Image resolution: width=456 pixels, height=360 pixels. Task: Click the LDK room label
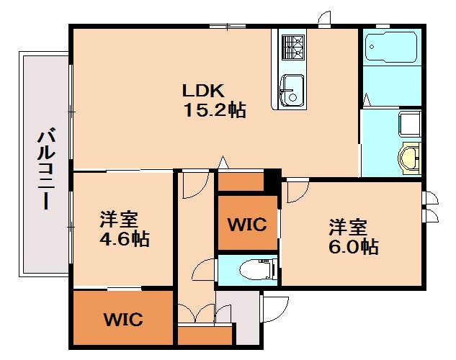203,91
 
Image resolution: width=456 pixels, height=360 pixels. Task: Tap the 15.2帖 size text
215,110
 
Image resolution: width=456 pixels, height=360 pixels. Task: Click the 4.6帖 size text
125,239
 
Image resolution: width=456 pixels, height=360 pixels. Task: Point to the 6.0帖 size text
354,247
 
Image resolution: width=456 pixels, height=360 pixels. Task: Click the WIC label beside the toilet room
247,225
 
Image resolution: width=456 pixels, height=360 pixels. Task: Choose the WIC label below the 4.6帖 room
123,320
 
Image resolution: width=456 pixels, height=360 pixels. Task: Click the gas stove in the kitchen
293,48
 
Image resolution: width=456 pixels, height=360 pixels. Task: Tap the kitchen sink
292,91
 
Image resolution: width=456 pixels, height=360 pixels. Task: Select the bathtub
391,47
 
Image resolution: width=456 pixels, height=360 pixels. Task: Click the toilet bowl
259,270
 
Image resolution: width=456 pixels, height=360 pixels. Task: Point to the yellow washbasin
409,158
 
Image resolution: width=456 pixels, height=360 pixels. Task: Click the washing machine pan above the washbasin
410,124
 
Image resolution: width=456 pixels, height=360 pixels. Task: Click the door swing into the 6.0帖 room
298,190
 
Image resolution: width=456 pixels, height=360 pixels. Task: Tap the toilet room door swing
204,269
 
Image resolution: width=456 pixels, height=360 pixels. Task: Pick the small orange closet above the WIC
241,181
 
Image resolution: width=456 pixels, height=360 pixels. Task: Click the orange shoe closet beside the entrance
205,336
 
